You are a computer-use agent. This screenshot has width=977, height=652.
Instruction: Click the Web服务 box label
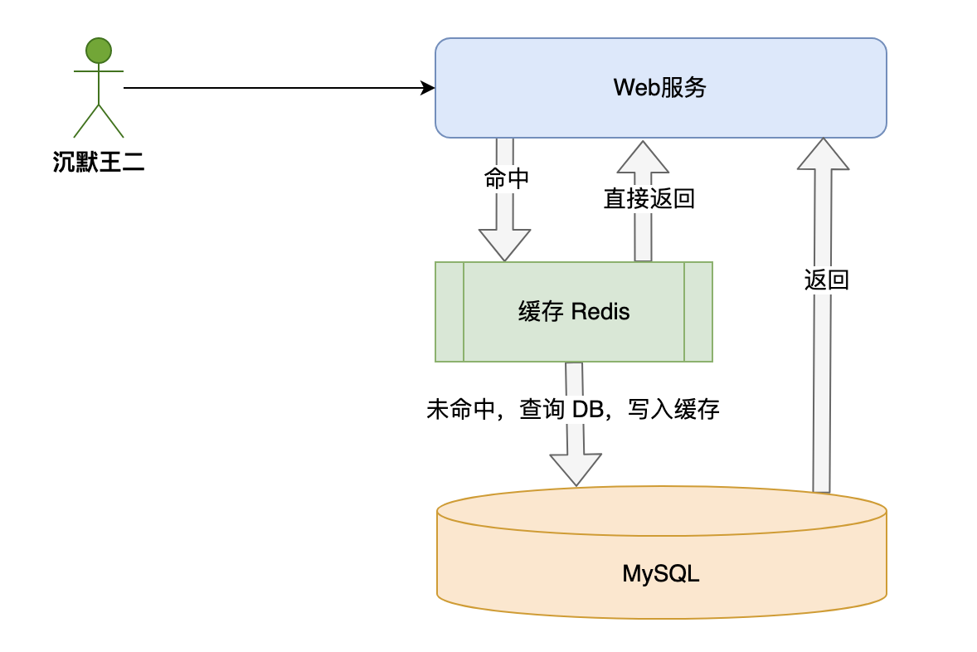tap(660, 87)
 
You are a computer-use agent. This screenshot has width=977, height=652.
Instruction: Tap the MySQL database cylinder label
tap(661, 573)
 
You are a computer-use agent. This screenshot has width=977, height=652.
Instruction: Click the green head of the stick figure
tap(99, 51)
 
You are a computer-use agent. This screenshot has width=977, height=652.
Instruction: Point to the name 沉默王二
tap(99, 162)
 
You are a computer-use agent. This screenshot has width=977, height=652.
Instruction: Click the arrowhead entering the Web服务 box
tap(428, 87)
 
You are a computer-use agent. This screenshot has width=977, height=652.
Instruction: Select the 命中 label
tap(505, 179)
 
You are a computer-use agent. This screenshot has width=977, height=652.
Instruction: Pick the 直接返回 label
tap(649, 198)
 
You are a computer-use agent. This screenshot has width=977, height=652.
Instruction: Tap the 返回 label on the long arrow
tap(826, 280)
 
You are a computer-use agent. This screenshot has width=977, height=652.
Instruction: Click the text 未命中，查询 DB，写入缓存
tap(572, 409)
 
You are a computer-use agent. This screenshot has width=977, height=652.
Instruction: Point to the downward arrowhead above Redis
tap(504, 246)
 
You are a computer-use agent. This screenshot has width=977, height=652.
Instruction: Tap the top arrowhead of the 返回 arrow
tap(823, 154)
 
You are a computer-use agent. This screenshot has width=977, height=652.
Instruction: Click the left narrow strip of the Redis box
tap(450, 312)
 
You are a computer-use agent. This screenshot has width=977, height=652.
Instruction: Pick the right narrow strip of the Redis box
tap(698, 312)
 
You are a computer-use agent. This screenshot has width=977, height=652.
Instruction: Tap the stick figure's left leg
tap(86, 122)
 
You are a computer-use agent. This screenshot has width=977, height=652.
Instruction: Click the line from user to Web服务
tap(274, 87)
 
